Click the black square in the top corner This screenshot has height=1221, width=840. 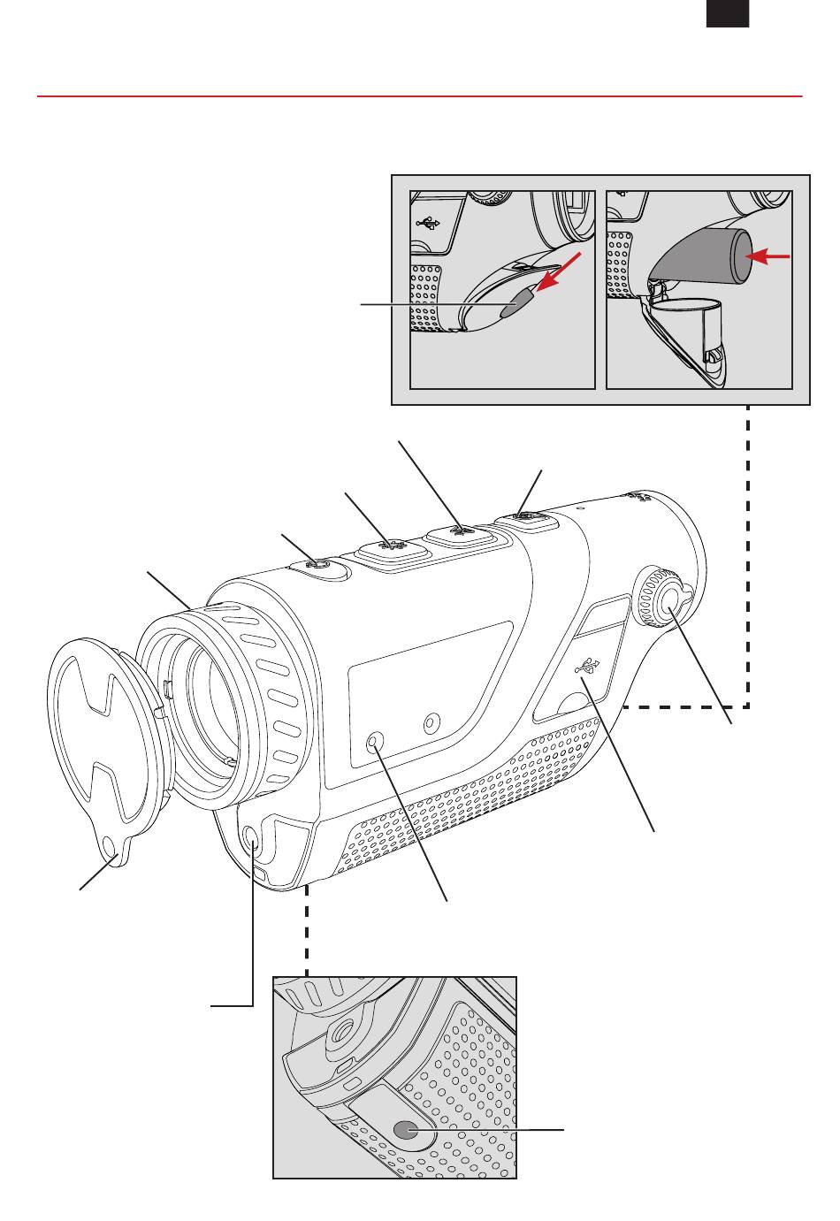728,13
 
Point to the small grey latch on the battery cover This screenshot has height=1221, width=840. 515,306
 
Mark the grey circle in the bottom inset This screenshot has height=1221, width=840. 406,1130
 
